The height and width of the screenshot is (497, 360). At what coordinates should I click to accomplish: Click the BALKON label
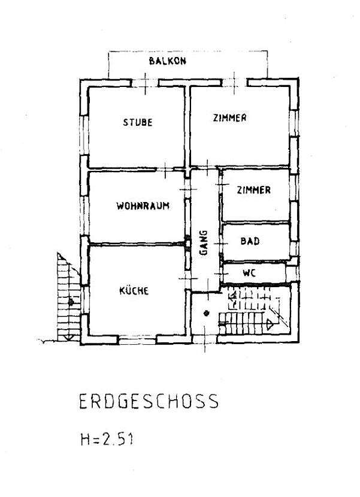coord(168,61)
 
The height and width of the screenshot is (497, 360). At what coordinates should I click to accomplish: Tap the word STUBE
coord(138,122)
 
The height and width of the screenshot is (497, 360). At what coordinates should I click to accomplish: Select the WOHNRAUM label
coord(143,206)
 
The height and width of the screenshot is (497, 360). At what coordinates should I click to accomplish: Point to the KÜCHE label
coord(134,290)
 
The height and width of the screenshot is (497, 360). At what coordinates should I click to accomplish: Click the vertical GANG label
coord(204,243)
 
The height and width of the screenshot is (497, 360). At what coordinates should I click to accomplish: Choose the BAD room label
coord(250,241)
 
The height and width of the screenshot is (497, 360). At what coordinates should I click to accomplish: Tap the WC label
coord(250,273)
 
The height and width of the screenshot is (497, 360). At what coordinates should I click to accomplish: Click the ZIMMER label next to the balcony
coord(229,118)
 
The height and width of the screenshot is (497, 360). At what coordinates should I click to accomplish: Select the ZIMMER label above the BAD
coord(253,190)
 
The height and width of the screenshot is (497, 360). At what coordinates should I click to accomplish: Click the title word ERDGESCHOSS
coord(149,401)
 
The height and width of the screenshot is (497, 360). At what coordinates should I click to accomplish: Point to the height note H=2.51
coord(107,439)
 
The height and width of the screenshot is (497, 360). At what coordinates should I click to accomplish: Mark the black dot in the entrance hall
coord(207,314)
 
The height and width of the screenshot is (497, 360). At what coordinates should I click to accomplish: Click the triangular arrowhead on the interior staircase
coord(269,324)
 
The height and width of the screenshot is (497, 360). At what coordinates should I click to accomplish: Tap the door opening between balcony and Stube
coord(145,83)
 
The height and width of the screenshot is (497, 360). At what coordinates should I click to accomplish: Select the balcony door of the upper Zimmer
coord(234,83)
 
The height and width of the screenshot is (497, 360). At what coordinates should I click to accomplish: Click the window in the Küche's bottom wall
coord(138,341)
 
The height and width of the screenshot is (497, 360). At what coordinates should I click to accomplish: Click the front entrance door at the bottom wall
coord(204,340)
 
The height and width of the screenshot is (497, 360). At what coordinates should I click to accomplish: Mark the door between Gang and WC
coord(221,273)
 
